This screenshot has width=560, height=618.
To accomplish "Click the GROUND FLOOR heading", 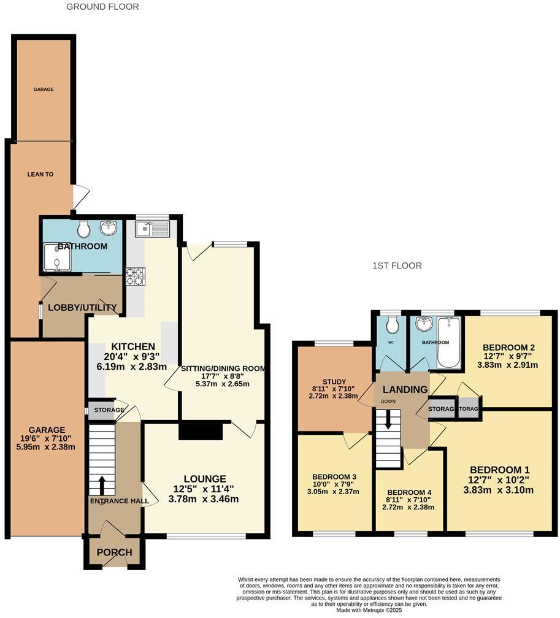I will click(102, 7).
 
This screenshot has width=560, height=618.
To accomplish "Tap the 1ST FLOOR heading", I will click(397, 265).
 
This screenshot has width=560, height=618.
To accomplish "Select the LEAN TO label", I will click(40, 175).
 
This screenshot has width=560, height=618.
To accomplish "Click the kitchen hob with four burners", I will click(134, 277).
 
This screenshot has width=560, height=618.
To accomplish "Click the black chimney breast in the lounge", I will click(200, 432).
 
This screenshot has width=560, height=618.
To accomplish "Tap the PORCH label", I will click(114, 552).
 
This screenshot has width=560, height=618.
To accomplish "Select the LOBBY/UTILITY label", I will click(82, 307).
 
